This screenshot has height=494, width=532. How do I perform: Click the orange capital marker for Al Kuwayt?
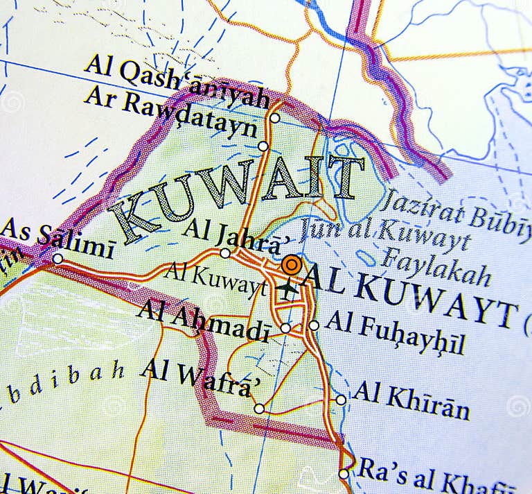coord(292,265)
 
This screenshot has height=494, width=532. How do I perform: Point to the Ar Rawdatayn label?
coord(170,114)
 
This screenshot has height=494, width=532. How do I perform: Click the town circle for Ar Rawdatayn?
coord(263,146)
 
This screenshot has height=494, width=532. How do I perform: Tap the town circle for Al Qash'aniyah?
coord(275,118)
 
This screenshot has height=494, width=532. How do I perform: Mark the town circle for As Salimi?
coord(58,259)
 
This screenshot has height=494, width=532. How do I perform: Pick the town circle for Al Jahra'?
coord(225,253)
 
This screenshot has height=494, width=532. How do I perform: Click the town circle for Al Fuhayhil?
coord(314,325)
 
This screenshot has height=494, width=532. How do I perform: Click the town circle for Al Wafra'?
coord(258,409)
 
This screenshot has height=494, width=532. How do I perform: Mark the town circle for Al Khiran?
coord(341,400)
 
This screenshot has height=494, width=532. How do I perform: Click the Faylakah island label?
coord(436,266)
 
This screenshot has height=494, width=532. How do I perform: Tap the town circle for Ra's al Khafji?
coord(344,474)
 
